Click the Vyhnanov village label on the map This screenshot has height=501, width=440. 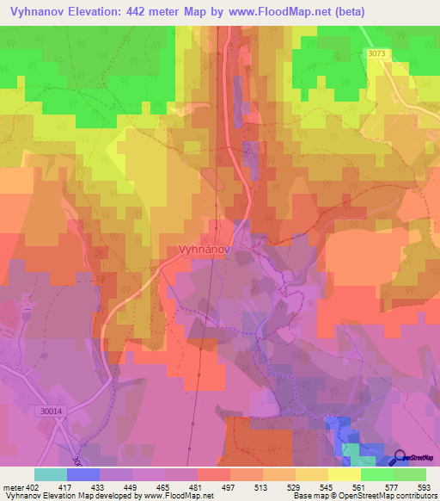coord(204,251)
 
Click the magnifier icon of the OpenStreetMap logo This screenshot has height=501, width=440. coord(400,460)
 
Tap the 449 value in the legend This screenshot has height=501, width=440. coord(131,486)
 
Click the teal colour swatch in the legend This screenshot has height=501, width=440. coord(51,474)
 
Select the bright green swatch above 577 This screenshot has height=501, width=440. coord(377,474)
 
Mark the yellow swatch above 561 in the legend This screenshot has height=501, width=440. coord(345,474)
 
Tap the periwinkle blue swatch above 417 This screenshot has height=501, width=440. coord(83,474)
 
